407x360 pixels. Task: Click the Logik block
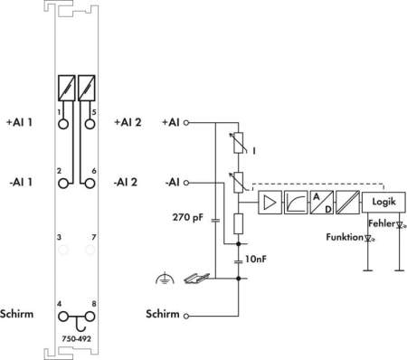383,202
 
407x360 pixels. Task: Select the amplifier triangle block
270,203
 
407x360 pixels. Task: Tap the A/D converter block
322,203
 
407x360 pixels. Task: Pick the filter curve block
296,203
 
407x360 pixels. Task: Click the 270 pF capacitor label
188,217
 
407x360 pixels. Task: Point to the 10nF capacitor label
256,259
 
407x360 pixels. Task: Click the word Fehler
382,223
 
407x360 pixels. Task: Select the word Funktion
345,237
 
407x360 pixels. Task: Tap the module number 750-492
76,338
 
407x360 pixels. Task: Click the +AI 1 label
19,122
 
